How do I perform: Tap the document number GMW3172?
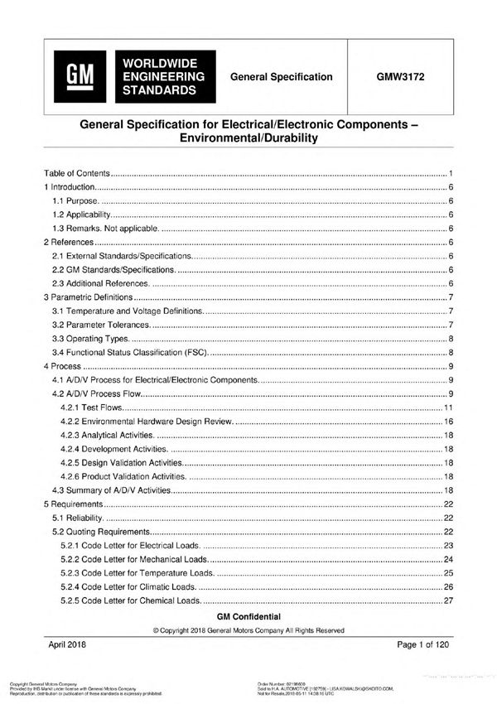coord(400,77)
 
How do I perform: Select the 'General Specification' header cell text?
coord(282,77)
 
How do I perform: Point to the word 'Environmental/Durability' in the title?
coord(248,138)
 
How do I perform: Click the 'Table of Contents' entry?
coord(76,174)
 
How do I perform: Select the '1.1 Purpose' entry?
coord(75,201)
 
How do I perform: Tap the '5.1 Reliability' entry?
coord(80,518)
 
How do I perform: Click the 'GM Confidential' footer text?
coord(248,617)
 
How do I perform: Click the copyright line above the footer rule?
coord(248,630)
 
